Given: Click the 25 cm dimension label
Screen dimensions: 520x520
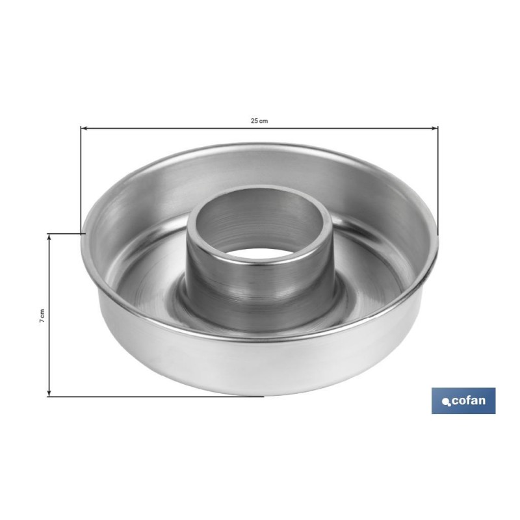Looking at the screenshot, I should coord(259,121).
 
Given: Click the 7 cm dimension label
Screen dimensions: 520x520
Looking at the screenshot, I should coord(42,315).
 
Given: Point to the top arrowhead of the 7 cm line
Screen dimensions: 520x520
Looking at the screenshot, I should coord(49,237).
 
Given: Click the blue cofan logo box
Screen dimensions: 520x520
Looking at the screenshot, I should coord(463,400).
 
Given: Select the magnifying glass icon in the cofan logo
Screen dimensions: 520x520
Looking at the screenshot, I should coord(447,402).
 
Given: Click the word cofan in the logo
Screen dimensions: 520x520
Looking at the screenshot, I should coord(469,400).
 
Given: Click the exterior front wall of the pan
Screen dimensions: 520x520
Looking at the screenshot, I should coord(260,364).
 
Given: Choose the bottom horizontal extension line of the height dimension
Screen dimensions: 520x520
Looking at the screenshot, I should coord(156,396).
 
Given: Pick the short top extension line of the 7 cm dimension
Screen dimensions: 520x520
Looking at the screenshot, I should coord(65,233).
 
